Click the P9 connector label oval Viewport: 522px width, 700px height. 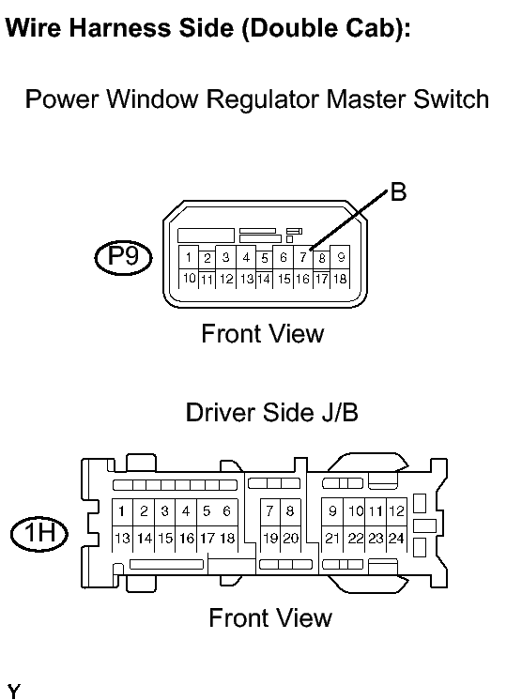123,258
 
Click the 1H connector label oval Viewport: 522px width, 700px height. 39,534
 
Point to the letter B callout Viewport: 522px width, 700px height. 398,192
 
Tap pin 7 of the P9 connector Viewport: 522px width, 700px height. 303,257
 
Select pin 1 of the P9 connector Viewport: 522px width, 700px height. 189,257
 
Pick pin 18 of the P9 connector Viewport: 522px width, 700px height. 340,279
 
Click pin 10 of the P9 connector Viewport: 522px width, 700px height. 189,279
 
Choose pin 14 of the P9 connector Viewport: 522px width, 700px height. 264,280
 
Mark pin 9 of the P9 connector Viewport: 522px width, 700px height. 341,257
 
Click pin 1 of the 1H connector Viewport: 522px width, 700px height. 121,511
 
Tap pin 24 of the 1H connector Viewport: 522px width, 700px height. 396,539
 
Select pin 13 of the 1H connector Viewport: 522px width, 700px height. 122,539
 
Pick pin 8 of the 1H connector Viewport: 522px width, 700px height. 290,511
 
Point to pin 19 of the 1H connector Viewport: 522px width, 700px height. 270,539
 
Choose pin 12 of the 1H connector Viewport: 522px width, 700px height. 396,511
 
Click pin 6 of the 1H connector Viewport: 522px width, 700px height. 227,511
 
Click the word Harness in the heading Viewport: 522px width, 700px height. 119,27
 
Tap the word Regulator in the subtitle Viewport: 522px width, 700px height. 264,99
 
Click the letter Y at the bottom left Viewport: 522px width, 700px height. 13,692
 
